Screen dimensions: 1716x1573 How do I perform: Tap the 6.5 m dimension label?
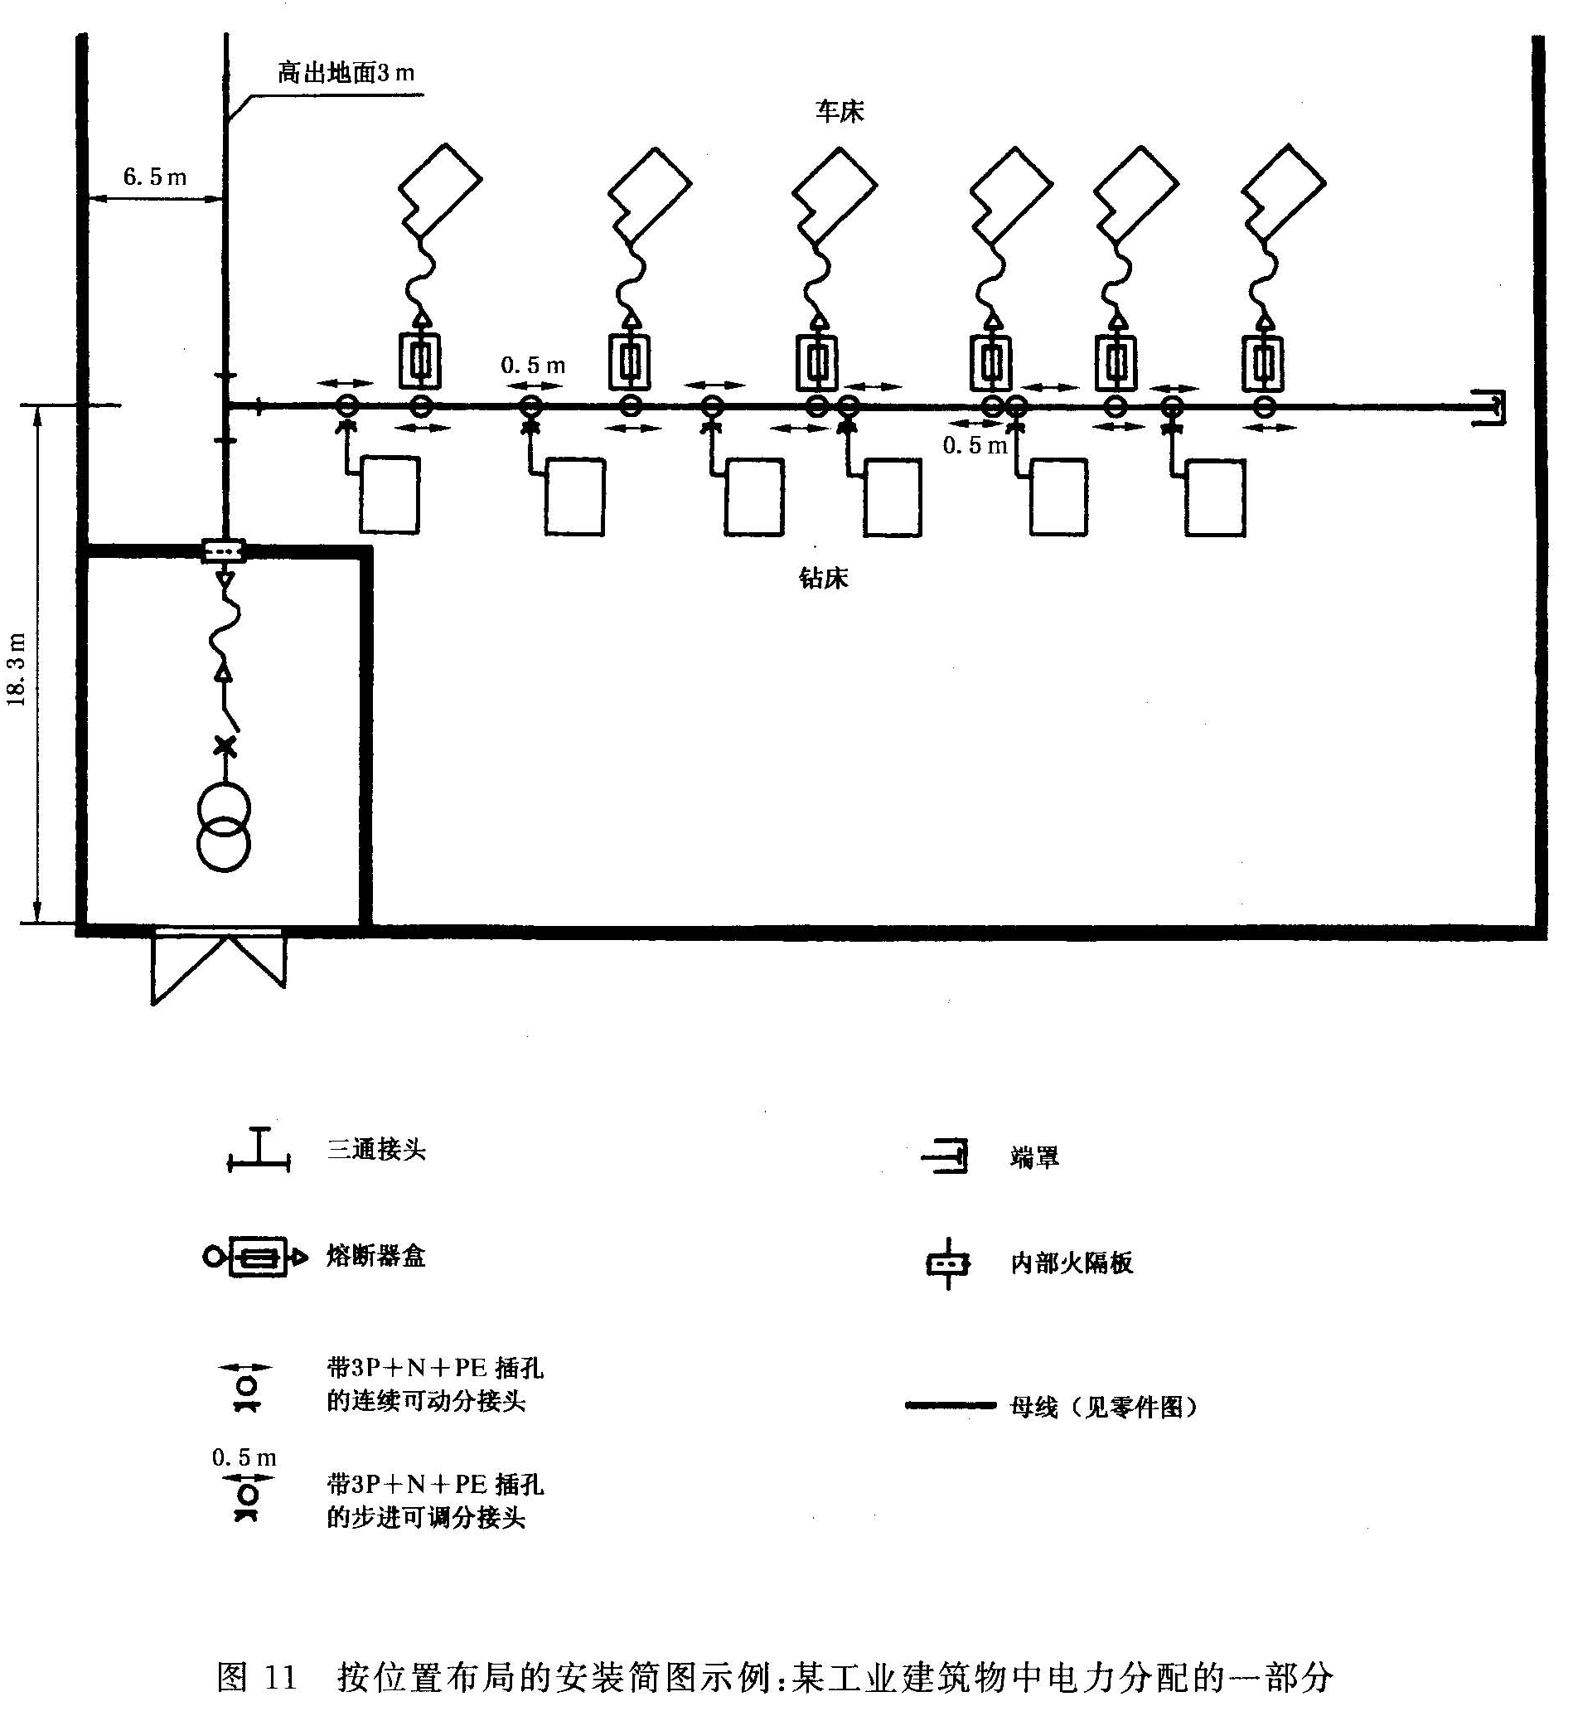(x=155, y=177)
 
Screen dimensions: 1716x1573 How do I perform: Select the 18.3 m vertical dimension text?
(x=18, y=669)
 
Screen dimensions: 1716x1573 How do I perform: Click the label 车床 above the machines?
(x=840, y=112)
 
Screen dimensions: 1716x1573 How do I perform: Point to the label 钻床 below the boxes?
(x=823, y=579)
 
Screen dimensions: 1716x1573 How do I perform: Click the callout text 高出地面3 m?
(x=346, y=73)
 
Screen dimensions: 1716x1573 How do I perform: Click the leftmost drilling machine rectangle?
(x=390, y=496)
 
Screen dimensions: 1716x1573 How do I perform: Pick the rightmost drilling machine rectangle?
(x=1216, y=497)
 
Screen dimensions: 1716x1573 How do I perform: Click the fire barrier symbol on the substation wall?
(x=224, y=551)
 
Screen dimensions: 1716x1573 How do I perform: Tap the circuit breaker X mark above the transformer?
(x=225, y=746)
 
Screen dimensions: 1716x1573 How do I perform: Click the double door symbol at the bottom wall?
(x=219, y=967)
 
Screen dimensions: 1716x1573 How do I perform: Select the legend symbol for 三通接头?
(x=259, y=1150)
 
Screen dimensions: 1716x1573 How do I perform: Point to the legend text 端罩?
(x=1034, y=1157)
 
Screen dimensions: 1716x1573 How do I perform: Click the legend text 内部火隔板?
(x=1072, y=1263)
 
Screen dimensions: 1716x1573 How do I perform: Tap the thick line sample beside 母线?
(x=950, y=1405)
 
